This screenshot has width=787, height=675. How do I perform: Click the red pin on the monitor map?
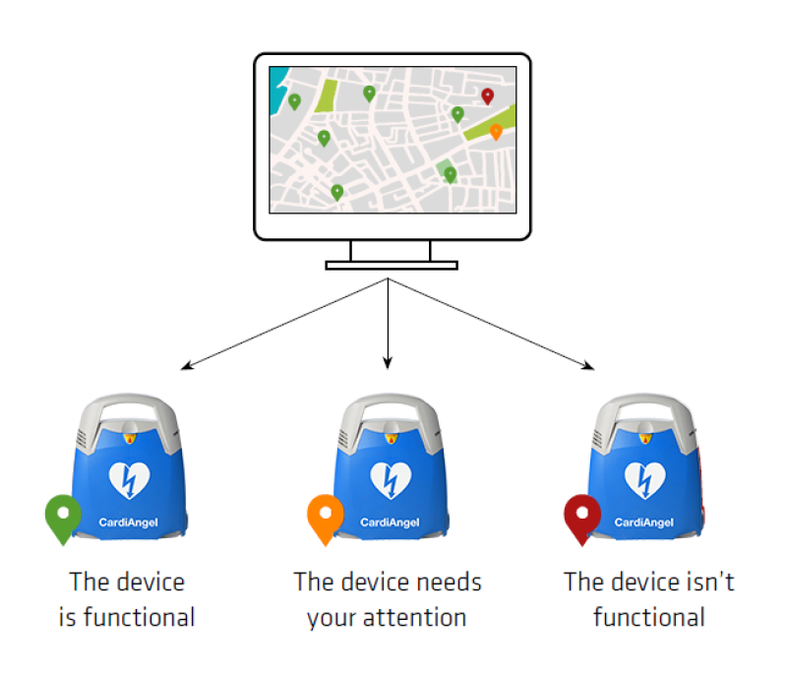[487, 95]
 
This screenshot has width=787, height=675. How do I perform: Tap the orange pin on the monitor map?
[496, 131]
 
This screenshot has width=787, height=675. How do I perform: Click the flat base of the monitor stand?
[392, 265]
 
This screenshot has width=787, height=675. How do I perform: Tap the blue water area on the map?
[278, 80]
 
